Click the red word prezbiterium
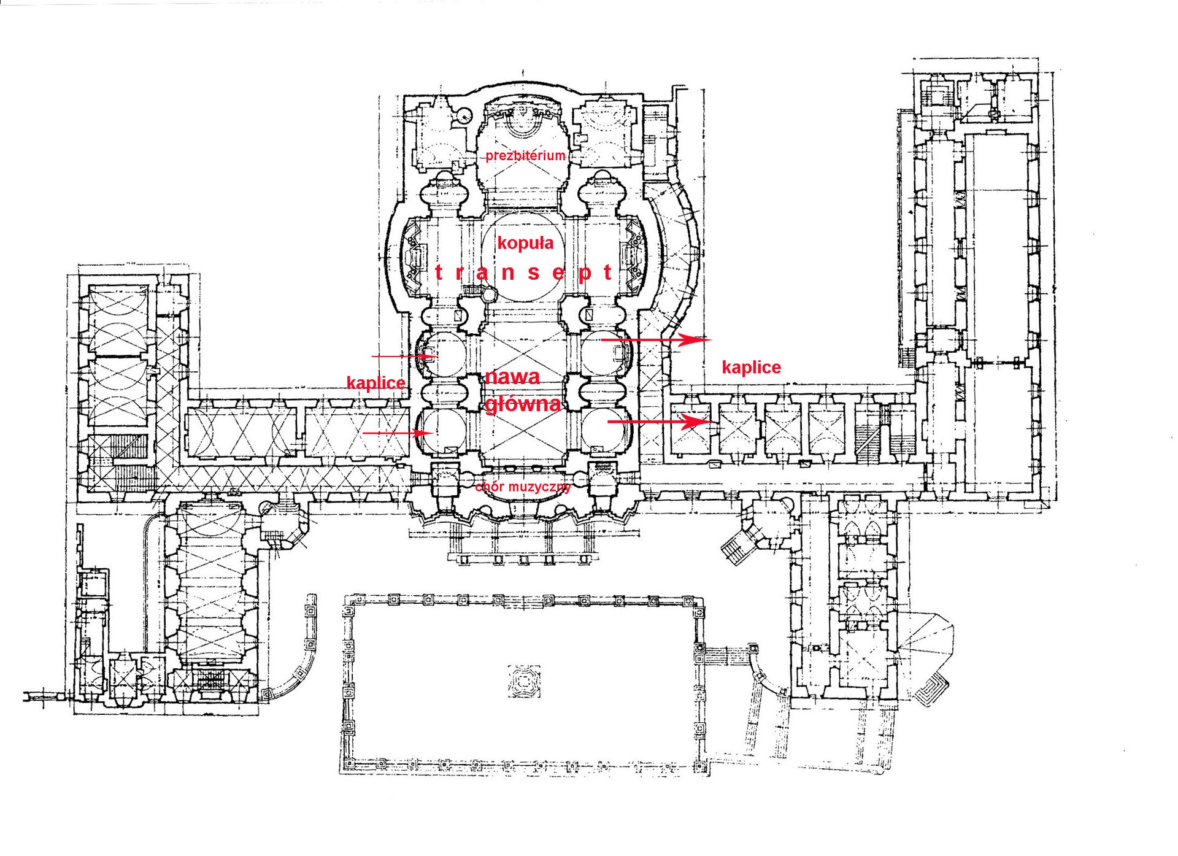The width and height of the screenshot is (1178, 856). click(525, 155)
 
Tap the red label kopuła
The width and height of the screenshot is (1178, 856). click(525, 243)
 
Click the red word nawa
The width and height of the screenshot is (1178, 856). click(512, 377)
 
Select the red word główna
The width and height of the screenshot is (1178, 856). click(523, 404)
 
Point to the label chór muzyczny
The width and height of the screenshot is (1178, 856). click(523, 487)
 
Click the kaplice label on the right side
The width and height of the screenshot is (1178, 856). click(751, 368)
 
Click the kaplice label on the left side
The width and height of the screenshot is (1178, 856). click(375, 383)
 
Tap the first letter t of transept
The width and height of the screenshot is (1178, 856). click(438, 272)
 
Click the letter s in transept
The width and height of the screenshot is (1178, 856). click(534, 272)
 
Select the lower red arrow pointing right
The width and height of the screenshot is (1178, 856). click(659, 422)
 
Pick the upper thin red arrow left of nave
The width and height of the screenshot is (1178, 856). click(402, 356)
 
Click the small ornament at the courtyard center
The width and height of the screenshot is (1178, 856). click(525, 681)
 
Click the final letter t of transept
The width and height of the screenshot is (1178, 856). click(607, 272)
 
